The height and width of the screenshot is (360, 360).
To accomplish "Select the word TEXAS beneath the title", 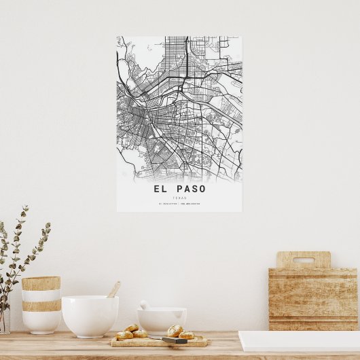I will tap(179, 197).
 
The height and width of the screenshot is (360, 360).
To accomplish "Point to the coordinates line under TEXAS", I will tap(179, 203).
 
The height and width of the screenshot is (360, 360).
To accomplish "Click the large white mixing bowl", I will tap(90, 315).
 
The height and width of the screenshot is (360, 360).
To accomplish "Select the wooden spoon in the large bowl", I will tap(113, 290).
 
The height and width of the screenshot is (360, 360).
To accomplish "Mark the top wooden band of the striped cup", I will tap(41, 283).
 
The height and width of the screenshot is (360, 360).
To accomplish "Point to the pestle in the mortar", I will tap(145, 306).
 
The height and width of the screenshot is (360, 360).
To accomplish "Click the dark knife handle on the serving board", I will tap(174, 340).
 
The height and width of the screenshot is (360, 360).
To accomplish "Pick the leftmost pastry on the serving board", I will tap(124, 335).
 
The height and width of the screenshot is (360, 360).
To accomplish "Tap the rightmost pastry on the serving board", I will tap(186, 335).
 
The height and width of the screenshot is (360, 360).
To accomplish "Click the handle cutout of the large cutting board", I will tap(303, 259).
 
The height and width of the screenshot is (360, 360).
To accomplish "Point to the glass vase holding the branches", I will tap(4, 320).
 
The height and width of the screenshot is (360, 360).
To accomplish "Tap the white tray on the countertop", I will tap(299, 340).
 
